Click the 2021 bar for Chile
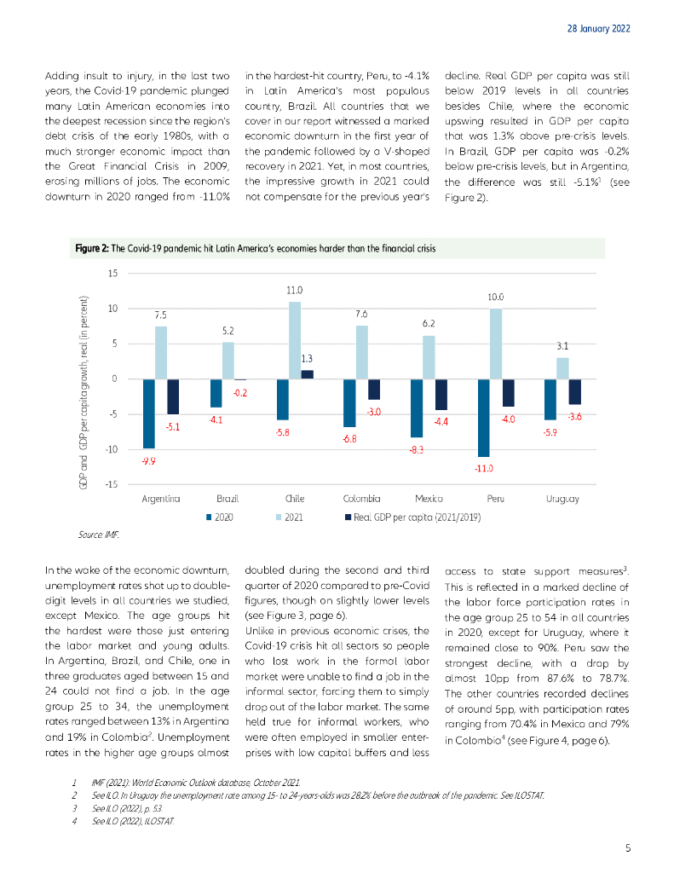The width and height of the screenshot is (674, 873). tap(295, 340)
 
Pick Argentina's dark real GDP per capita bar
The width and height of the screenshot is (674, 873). tap(173, 396)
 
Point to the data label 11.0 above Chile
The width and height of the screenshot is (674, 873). tap(295, 292)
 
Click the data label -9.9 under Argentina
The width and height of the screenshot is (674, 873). tap(148, 460)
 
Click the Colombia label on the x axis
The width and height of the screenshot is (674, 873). tap(361, 499)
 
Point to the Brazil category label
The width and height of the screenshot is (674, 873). tap(228, 499)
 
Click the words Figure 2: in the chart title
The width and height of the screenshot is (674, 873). tap(92, 249)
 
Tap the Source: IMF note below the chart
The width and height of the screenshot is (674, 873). tap(99, 535)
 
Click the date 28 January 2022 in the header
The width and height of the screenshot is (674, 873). tap(598, 28)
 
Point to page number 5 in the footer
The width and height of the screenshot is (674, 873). tap(627, 847)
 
